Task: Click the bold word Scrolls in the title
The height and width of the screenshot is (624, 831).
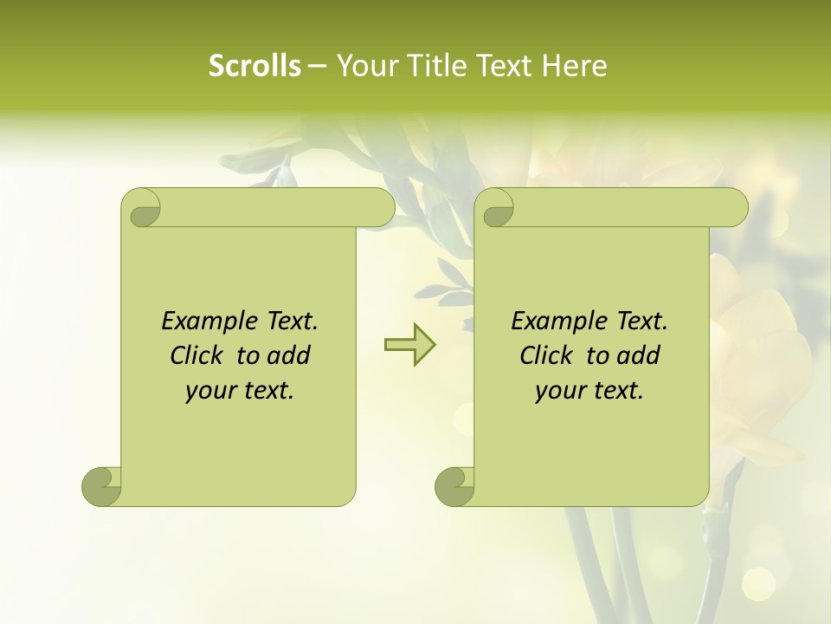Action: [254, 66]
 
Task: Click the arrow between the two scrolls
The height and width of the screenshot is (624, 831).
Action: [409, 345]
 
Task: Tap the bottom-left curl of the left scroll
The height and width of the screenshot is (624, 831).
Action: [101, 486]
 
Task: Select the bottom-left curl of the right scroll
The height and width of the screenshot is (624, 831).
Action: [454, 486]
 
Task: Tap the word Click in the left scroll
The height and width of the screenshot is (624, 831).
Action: [196, 356]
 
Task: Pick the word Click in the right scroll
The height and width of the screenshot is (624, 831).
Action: [545, 356]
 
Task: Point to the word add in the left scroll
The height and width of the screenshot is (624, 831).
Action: [288, 356]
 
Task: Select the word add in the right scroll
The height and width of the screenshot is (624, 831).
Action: [638, 356]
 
